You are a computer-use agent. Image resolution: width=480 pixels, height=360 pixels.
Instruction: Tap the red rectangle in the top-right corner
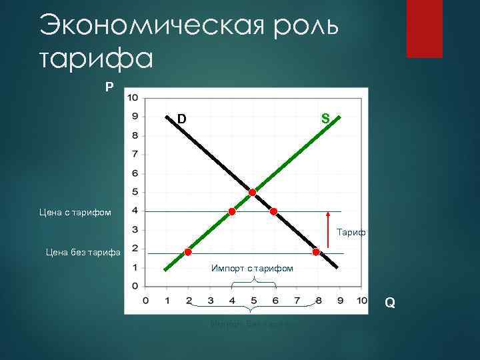point(425,29)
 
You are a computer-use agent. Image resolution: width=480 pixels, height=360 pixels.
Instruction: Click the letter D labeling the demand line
point(181,119)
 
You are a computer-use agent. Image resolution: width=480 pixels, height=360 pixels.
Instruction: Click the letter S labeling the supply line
point(325,119)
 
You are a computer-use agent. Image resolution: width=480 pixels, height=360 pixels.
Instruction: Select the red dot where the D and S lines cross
point(253,193)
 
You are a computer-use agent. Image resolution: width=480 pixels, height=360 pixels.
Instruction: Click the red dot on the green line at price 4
point(232,211)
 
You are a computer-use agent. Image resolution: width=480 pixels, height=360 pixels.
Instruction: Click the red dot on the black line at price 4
point(273,211)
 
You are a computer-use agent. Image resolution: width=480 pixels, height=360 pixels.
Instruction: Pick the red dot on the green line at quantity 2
point(189,252)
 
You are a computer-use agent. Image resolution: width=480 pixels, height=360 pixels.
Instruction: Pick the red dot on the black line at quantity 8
point(316,252)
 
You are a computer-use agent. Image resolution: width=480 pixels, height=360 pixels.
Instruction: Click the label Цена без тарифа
point(82,252)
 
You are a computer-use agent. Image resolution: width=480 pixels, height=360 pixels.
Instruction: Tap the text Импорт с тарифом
point(252,268)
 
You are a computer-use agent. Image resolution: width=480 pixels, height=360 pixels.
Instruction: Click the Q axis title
point(390,303)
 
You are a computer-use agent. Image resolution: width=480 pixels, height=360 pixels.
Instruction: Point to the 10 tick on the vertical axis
point(133,97)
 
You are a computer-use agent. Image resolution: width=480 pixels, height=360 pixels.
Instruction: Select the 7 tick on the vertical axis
point(135,154)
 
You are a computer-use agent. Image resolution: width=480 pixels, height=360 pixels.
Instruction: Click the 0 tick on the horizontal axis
point(147,300)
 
